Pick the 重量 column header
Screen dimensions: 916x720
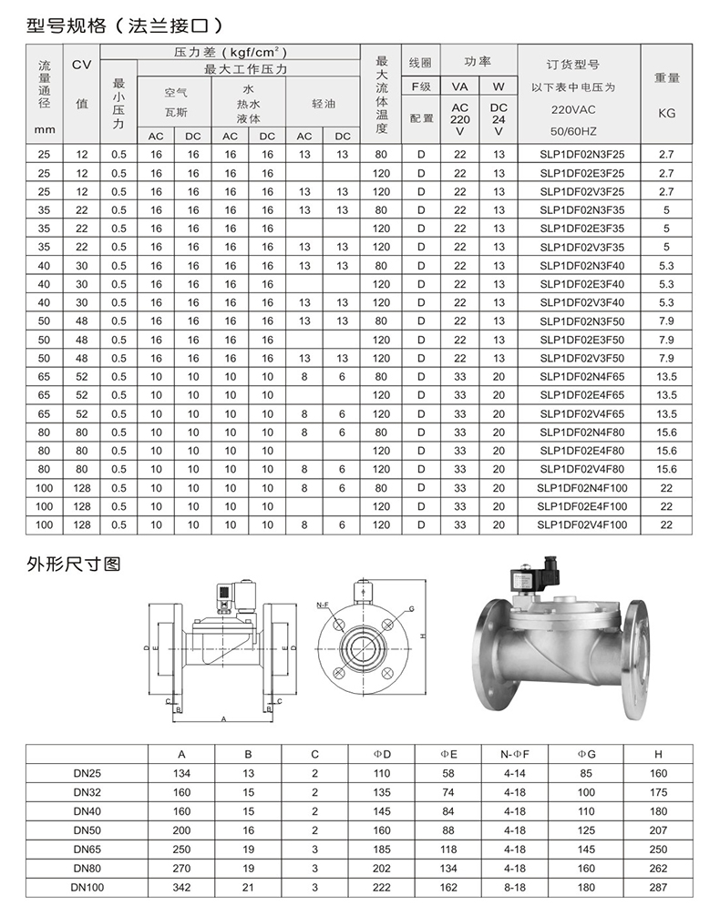[x=666, y=78]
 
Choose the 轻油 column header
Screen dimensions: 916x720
[x=324, y=104]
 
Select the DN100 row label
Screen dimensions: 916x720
[x=88, y=887]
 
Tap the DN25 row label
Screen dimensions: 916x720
[x=88, y=773]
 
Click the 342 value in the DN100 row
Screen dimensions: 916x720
[x=181, y=887]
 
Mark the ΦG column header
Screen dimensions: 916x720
[x=586, y=754]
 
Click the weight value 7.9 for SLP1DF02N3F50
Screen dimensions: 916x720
[x=666, y=321]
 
